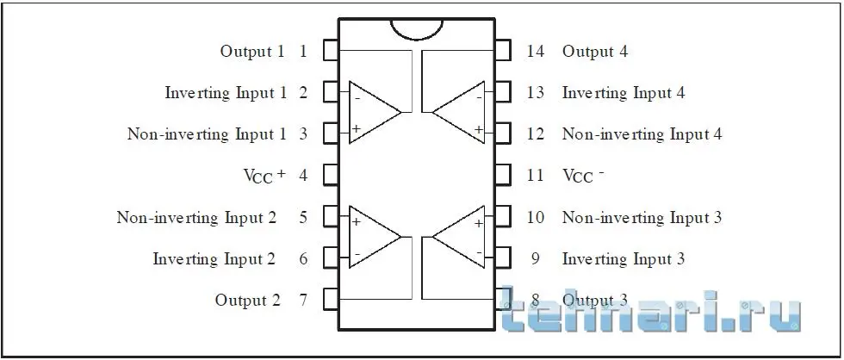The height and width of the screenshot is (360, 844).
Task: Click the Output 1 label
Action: [x=251, y=52]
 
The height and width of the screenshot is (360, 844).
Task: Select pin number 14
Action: [x=536, y=52]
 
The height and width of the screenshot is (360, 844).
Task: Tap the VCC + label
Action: [x=264, y=176]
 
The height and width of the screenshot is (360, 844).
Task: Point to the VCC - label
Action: [x=583, y=176]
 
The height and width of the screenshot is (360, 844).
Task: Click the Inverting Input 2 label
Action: [x=214, y=259]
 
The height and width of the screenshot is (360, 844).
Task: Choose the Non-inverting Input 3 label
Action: [x=642, y=217]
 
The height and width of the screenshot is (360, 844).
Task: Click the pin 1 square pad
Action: [x=331, y=51]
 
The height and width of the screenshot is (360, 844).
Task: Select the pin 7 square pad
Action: [x=331, y=299]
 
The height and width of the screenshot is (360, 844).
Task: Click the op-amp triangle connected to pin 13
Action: [x=458, y=113]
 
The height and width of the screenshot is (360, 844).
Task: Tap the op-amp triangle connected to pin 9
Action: [x=458, y=237]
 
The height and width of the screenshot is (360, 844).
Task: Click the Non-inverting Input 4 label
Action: [x=642, y=134]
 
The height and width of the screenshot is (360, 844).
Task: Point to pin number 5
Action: [x=303, y=217]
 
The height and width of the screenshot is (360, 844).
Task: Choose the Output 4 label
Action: [x=595, y=52]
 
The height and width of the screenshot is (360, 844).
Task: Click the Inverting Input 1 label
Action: [x=226, y=92]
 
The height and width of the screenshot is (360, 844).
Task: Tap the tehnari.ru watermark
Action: [x=651, y=308]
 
